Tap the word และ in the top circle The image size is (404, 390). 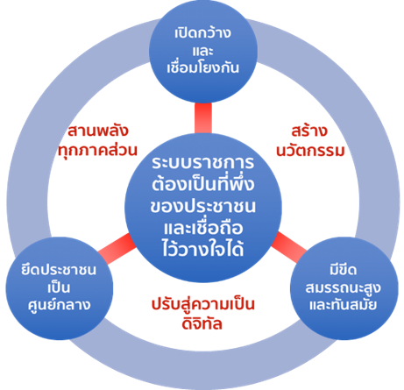click(202, 51)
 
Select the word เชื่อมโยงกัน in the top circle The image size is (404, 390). click(202, 67)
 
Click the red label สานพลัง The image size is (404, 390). click(98, 131)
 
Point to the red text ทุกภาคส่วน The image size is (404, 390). click(97, 151)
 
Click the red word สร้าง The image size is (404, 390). click(309, 131)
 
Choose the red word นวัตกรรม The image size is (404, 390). click(310, 151)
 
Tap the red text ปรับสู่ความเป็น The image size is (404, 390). click(203, 304)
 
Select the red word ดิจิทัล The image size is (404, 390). click(202, 323)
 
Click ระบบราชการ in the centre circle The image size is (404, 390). click(203, 162)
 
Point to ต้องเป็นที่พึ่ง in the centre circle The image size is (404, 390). click(203, 183)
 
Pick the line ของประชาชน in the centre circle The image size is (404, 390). click(203, 206)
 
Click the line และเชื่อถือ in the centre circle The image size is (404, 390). click(203, 227)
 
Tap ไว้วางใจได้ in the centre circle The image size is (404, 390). click(203, 248)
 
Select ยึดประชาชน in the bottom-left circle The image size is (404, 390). click(59, 269)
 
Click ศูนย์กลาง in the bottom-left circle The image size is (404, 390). click(60, 305)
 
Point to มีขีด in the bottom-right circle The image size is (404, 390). click(344, 269)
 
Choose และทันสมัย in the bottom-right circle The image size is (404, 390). click(344, 304)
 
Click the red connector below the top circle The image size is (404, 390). click(203, 118)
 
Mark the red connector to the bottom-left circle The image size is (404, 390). click(117, 249)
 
